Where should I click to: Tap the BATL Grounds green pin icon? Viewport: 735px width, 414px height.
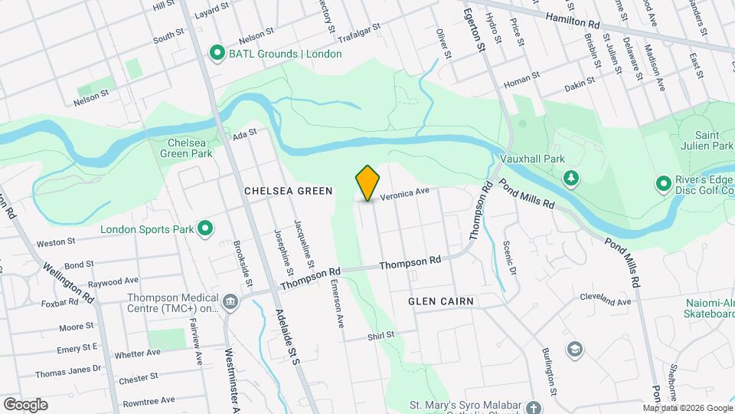tap(217, 54)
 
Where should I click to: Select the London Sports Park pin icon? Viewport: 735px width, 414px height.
tap(205, 228)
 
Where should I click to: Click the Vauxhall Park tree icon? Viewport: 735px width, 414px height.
tap(571, 179)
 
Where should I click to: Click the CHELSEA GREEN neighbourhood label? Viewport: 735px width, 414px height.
tap(288, 191)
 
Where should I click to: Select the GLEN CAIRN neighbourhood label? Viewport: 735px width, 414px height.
tap(441, 301)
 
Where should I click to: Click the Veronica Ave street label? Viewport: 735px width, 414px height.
tap(405, 195)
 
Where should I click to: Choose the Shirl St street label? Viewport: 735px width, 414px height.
tap(380, 335)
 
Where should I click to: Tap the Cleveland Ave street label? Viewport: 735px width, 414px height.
tap(605, 299)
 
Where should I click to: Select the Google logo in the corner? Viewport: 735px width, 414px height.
tap(24, 405)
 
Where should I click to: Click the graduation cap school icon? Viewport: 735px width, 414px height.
tap(573, 350)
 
